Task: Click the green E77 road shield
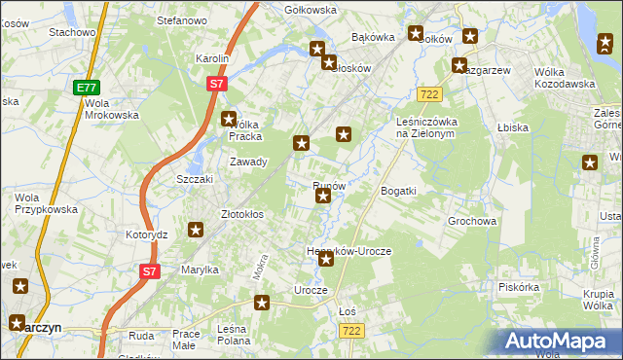click(x=86, y=88)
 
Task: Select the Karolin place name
click(x=212, y=58)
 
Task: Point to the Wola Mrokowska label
click(x=111, y=109)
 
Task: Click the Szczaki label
click(x=194, y=180)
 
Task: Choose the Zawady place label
click(x=247, y=162)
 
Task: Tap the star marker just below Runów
click(x=323, y=198)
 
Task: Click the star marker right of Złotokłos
click(x=196, y=231)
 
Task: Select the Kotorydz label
click(x=147, y=234)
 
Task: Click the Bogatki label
click(x=398, y=190)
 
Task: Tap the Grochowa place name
click(x=472, y=221)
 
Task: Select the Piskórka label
click(x=518, y=287)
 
